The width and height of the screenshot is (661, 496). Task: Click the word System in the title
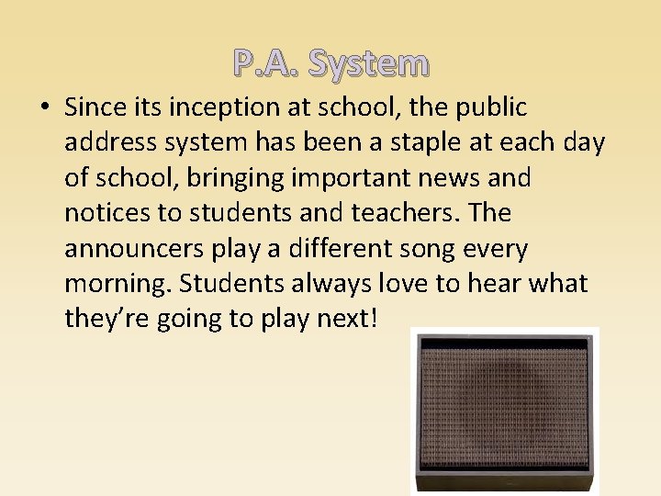(x=369, y=63)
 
